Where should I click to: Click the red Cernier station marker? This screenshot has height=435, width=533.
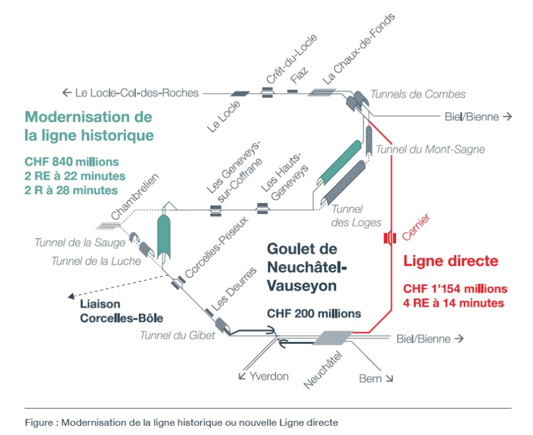tap(389, 238)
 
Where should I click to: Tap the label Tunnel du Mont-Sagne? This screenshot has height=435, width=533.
tap(430, 149)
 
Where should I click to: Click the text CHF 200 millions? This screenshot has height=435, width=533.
tap(313, 313)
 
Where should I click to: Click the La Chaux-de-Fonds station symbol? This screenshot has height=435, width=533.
tap(321, 93)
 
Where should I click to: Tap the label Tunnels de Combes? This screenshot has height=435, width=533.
tap(418, 94)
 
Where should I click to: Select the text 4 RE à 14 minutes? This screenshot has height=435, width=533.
tap(454, 303)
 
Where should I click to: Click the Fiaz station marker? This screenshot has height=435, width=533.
tap(292, 93)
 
